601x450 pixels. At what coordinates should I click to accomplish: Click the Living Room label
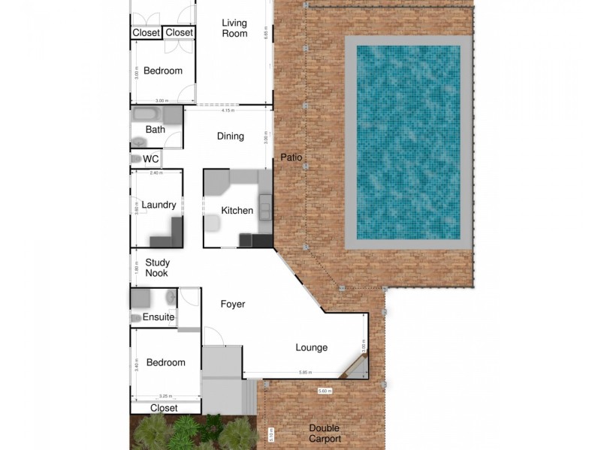pyautogui.click(x=234, y=28)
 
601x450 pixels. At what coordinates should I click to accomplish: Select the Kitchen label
pyautogui.click(x=237, y=211)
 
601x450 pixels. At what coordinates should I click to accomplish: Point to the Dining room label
pyautogui.click(x=231, y=136)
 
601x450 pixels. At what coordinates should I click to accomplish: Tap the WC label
pyautogui.click(x=151, y=159)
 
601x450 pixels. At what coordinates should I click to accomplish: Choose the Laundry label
pyautogui.click(x=159, y=205)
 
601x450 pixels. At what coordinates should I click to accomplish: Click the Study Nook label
pyautogui.click(x=157, y=268)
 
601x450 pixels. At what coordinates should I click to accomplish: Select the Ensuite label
pyautogui.click(x=159, y=317)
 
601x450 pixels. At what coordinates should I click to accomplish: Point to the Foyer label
pyautogui.click(x=233, y=304)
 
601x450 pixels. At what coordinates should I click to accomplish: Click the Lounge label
pyautogui.click(x=311, y=347)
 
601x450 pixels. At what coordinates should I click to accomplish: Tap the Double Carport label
pyautogui.click(x=325, y=433)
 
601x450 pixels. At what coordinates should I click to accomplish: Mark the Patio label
pyautogui.click(x=291, y=157)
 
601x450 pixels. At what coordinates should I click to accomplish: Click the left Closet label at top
pyautogui.click(x=146, y=32)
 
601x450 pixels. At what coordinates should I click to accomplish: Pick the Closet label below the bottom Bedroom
pyautogui.click(x=164, y=408)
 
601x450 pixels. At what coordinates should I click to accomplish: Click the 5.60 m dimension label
pyautogui.click(x=325, y=391)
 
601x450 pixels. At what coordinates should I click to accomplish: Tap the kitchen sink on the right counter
pyautogui.click(x=266, y=204)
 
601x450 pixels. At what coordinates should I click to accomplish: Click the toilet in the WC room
pyautogui.click(x=136, y=159)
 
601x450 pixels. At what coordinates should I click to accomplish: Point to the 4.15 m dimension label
pyautogui.click(x=228, y=110)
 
